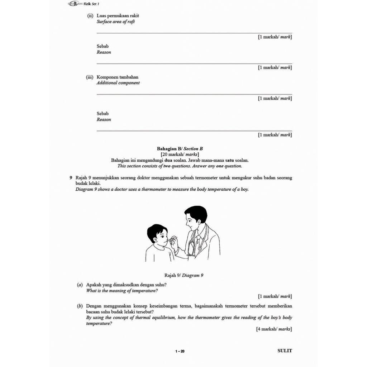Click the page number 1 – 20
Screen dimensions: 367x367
pyautogui.click(x=180, y=351)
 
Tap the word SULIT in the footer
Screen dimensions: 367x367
pyautogui.click(x=285, y=351)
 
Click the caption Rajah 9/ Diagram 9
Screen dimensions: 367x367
pyautogui.click(x=184, y=276)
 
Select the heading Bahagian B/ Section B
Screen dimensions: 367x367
pyautogui.click(x=180, y=149)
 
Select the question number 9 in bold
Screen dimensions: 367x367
pyautogui.click(x=71, y=177)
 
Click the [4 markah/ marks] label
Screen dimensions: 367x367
pyautogui.click(x=274, y=329)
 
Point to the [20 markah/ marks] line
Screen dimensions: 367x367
pyautogui.click(x=180, y=154)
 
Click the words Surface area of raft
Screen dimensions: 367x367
pyautogui.click(x=116, y=22)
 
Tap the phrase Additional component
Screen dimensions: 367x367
pyautogui.click(x=118, y=83)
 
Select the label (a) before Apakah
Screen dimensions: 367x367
pyautogui.click(x=80, y=285)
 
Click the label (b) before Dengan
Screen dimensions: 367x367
pyautogui.click(x=80, y=306)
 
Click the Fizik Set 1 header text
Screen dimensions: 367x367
pyautogui.click(x=91, y=4)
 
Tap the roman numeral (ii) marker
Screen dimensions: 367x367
pyautogui.click(x=90, y=16)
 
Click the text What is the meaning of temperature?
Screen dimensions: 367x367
pyautogui.click(x=122, y=291)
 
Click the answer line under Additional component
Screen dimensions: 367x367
pyautogui.click(x=194, y=94)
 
